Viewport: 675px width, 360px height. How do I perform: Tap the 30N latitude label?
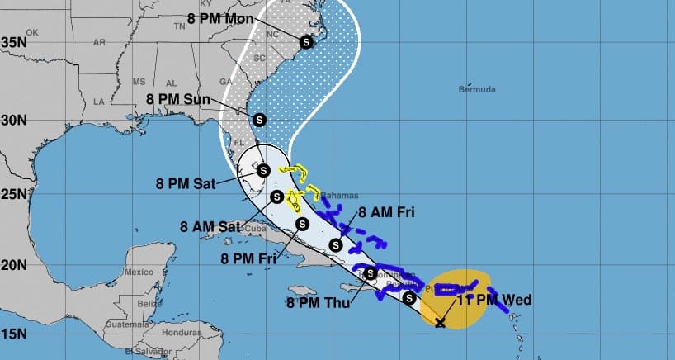point(14,119)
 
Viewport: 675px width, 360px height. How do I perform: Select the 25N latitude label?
point(14,194)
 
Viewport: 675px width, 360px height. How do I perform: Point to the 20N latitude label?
point(14,265)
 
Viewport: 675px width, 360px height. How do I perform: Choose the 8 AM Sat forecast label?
point(210,225)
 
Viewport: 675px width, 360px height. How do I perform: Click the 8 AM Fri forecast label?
point(385,212)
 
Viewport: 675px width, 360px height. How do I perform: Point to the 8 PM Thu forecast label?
point(319,303)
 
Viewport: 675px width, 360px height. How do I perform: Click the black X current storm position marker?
point(441,322)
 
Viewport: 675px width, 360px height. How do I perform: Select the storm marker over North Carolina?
point(306,41)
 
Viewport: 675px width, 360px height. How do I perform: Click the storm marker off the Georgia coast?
point(259,119)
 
